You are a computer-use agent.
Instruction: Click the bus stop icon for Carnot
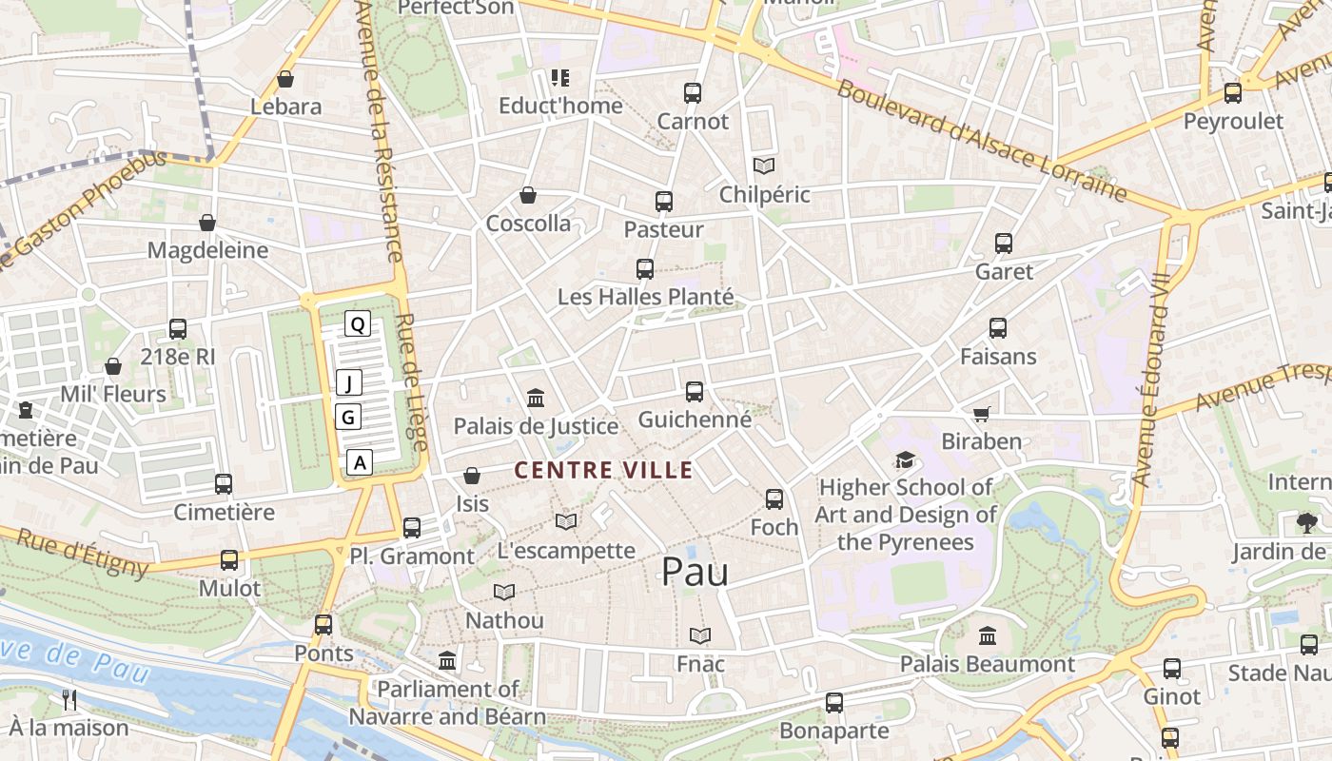tap(693, 93)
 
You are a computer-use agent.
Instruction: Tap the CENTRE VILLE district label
tap(603, 470)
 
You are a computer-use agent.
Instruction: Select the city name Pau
tap(695, 572)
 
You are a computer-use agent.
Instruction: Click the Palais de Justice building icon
tap(536, 399)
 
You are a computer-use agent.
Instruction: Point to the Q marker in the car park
tap(358, 324)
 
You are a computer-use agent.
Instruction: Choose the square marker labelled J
tap(349, 383)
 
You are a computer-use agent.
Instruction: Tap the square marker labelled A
tap(359, 463)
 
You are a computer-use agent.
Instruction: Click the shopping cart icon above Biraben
tap(982, 414)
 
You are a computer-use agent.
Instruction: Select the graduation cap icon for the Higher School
tap(905, 460)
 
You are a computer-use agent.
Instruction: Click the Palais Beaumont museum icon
tap(988, 635)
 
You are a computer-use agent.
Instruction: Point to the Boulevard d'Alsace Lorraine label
tap(981, 143)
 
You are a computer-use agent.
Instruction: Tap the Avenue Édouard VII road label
tap(1149, 380)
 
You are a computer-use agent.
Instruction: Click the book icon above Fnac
tap(700, 635)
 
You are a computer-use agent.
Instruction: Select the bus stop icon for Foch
tap(774, 498)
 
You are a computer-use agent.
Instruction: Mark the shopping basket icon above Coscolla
tap(528, 195)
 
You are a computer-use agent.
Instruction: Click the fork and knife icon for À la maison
tap(69, 700)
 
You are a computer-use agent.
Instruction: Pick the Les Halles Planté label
tap(645, 297)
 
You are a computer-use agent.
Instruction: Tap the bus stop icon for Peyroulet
tap(1233, 93)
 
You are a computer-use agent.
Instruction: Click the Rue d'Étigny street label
tap(83, 553)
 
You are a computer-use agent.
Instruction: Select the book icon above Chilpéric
tap(764, 166)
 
